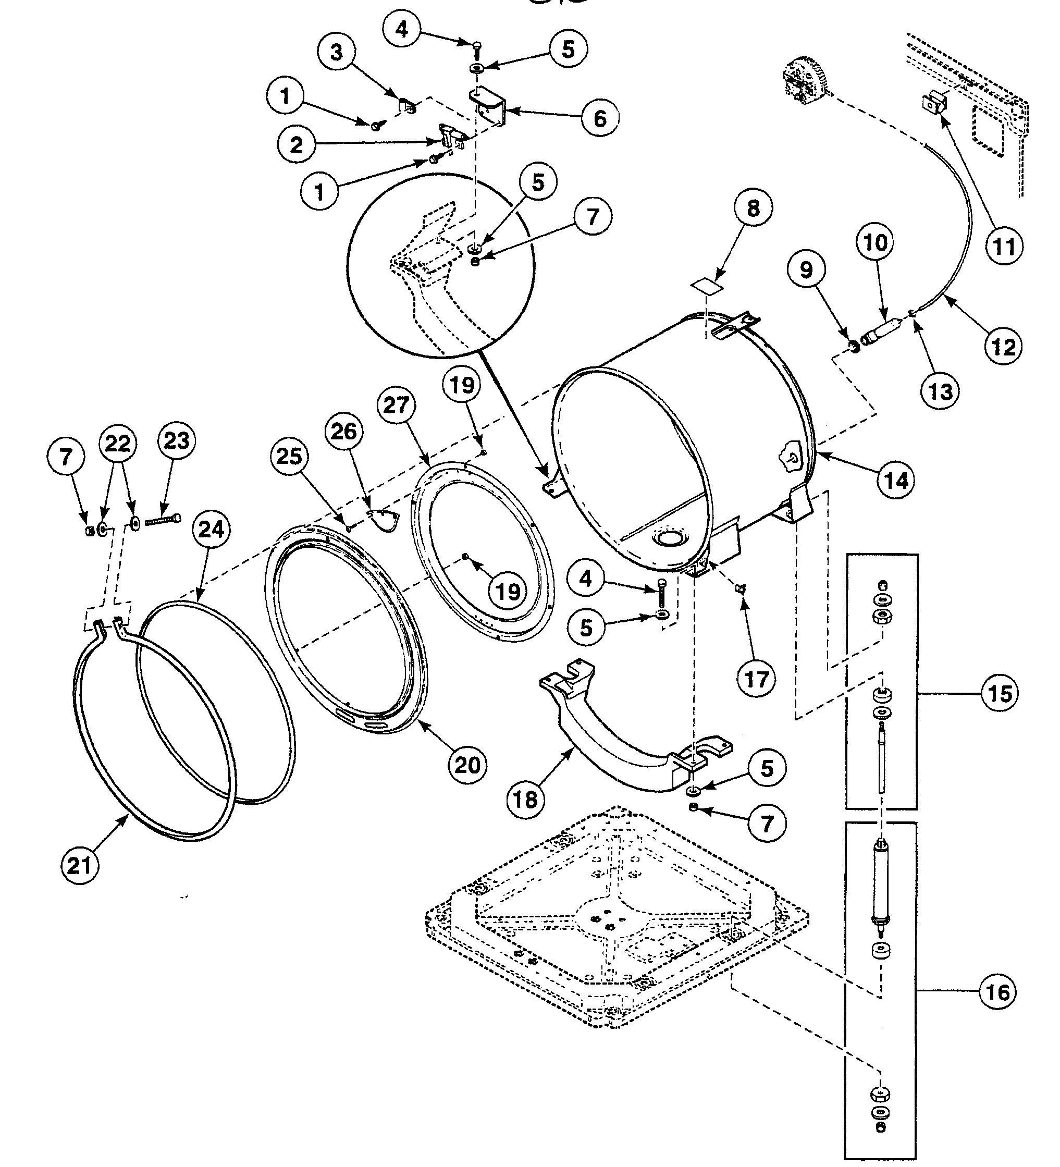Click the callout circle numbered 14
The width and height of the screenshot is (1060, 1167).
(896, 480)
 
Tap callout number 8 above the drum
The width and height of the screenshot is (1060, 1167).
(753, 208)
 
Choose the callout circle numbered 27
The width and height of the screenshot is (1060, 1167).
(396, 404)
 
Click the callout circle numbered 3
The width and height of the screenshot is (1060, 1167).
(336, 52)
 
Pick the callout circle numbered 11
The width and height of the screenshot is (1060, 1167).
(1004, 247)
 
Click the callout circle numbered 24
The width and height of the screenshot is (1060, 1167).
(211, 529)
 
